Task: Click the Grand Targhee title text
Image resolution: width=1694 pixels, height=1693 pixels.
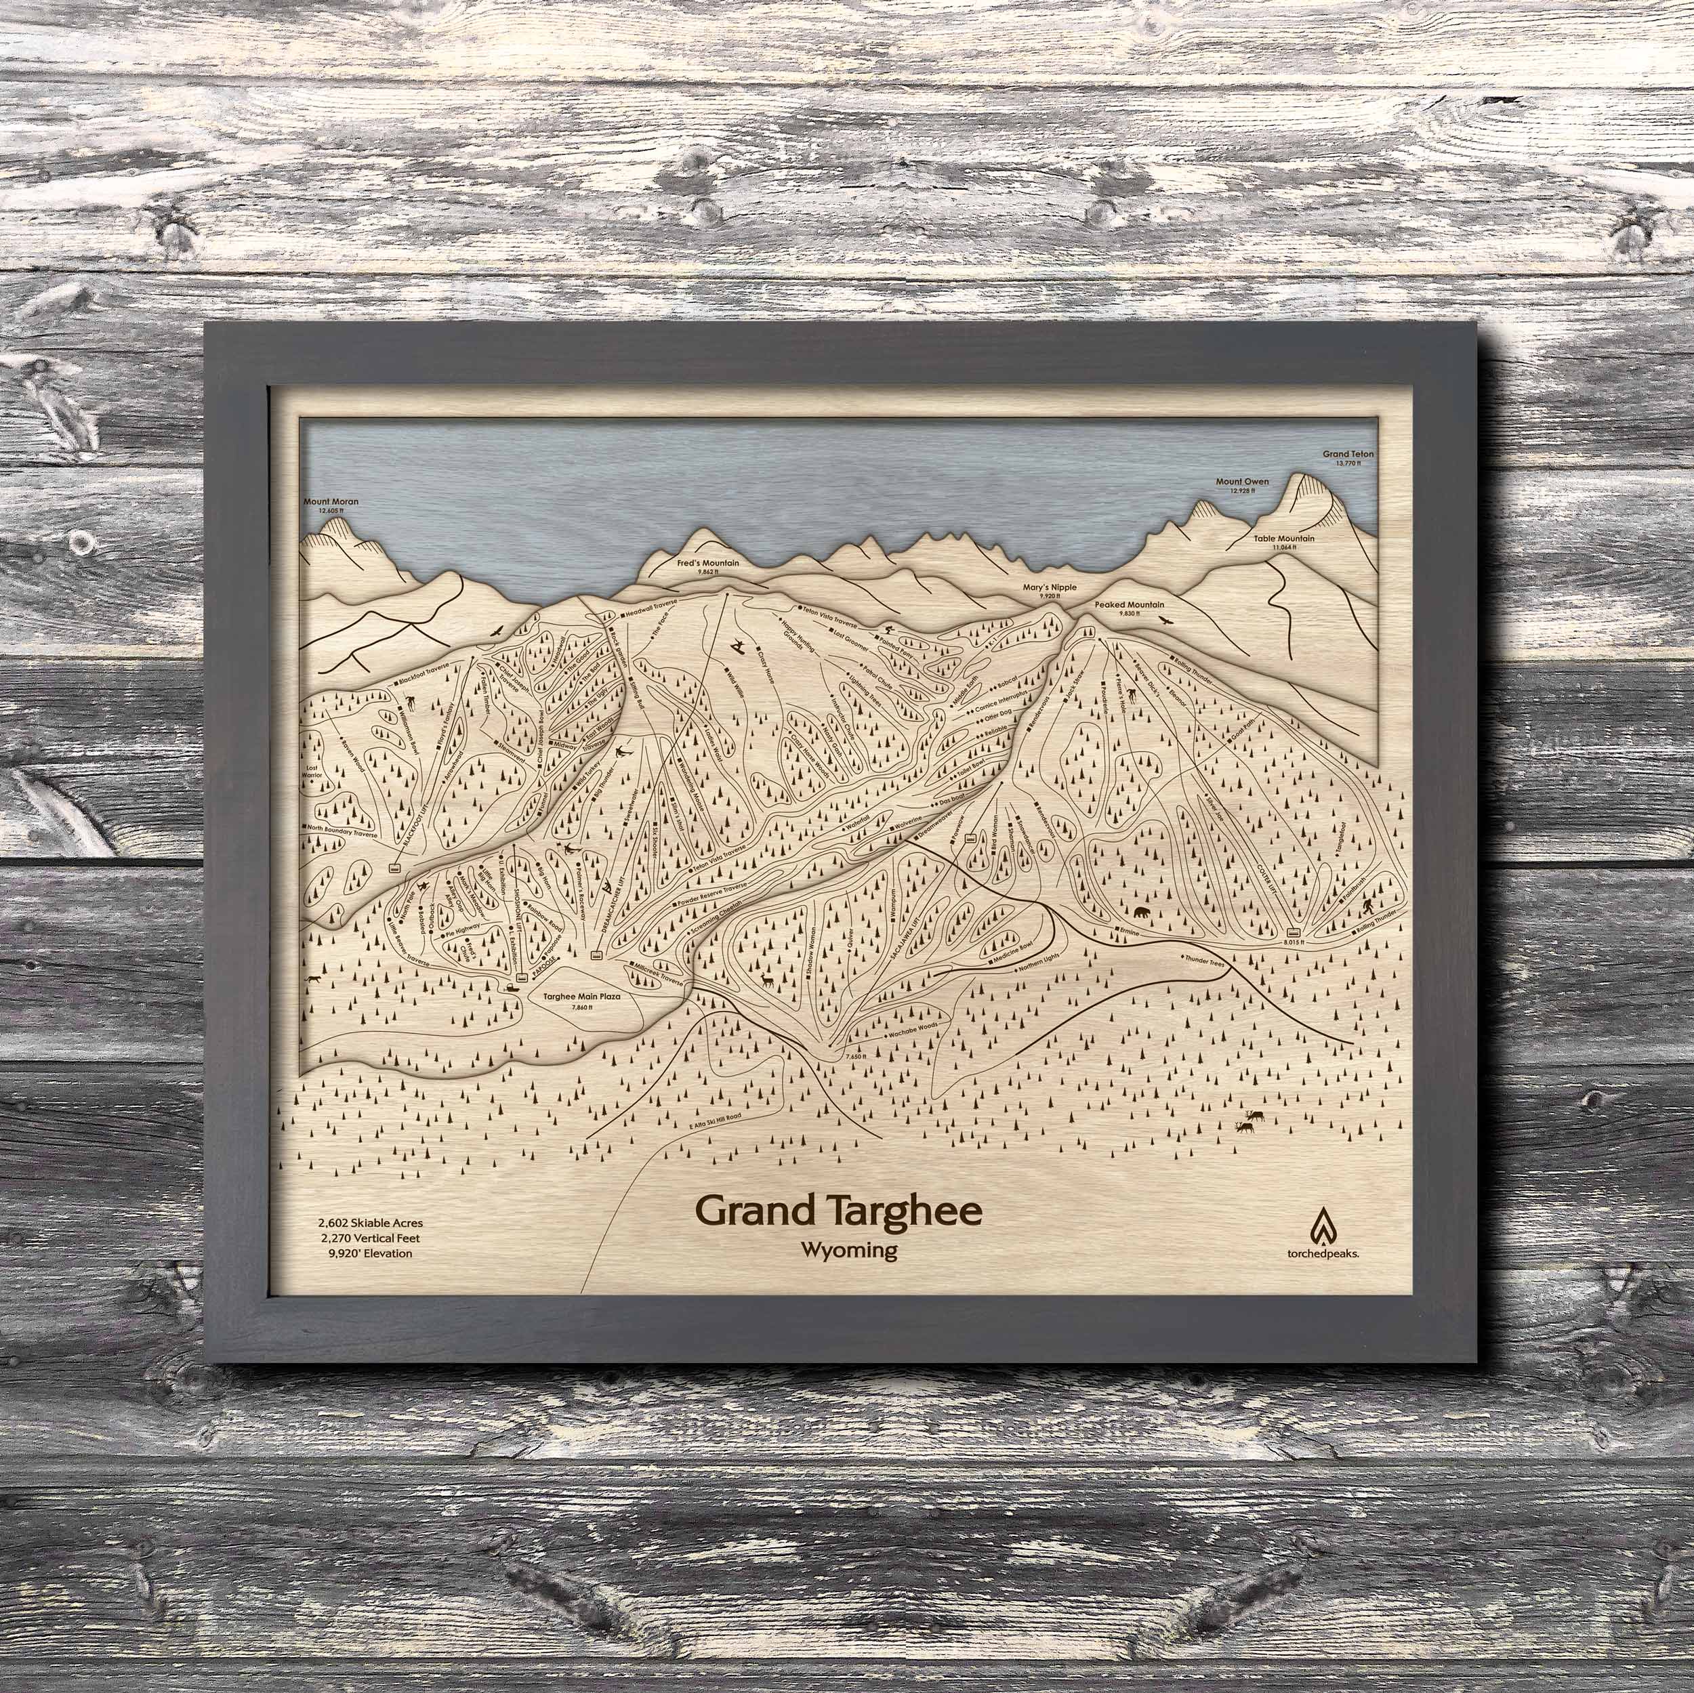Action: (x=838, y=1211)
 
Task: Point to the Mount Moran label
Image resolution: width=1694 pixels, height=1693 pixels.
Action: (x=331, y=503)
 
